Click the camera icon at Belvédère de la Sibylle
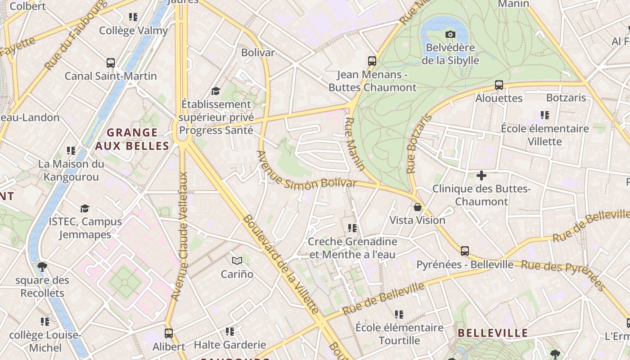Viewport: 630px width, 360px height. point(450,34)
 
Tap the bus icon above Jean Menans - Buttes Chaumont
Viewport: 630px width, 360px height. point(372,61)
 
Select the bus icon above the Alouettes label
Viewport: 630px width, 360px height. point(499,85)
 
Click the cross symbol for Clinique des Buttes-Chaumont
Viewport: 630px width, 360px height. point(481,175)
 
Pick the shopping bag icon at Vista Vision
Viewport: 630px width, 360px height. point(417,207)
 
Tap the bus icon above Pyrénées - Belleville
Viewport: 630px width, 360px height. point(464,251)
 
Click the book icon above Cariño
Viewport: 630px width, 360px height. point(237,261)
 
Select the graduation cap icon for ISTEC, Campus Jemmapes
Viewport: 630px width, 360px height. point(85,208)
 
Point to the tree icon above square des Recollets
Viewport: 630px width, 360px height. point(42,267)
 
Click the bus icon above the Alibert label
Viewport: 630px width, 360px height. point(168,333)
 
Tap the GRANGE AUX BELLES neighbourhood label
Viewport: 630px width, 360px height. point(132,139)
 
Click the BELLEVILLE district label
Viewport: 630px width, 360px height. point(492,333)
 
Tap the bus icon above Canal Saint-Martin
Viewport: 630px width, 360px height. point(110,63)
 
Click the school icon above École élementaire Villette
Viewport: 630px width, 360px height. point(545,115)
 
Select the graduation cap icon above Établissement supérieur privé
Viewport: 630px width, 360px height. point(216,91)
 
